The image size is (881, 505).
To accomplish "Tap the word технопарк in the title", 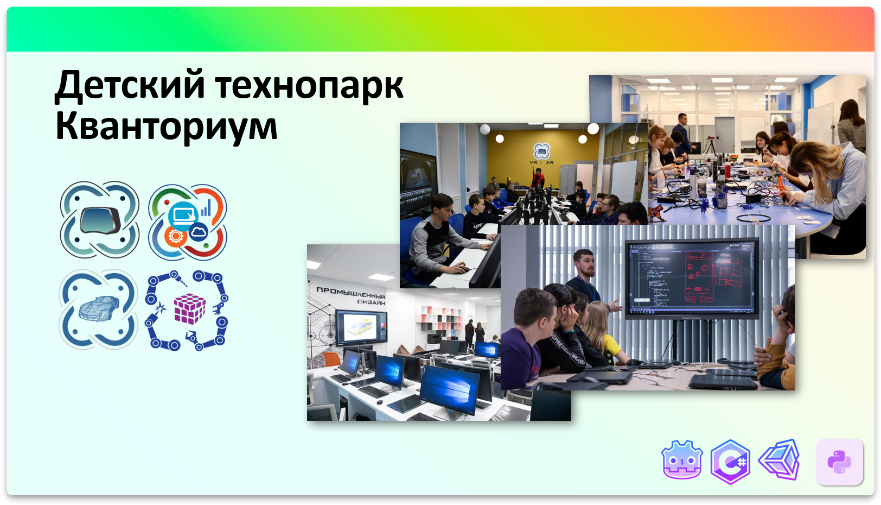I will [309, 86].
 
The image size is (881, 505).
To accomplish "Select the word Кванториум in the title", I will [166, 126].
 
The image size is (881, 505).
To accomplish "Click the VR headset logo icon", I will [99, 220].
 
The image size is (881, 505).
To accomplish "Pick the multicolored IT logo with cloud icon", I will [188, 222].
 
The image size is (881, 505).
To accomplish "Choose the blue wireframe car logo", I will [98, 309].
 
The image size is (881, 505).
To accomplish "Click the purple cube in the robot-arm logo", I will [189, 309].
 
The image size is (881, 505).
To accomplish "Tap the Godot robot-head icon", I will [682, 460].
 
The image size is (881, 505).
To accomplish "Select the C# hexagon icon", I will [730, 462].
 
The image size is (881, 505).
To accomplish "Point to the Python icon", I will [839, 462].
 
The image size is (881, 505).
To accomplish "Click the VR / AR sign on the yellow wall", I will [541, 154].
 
